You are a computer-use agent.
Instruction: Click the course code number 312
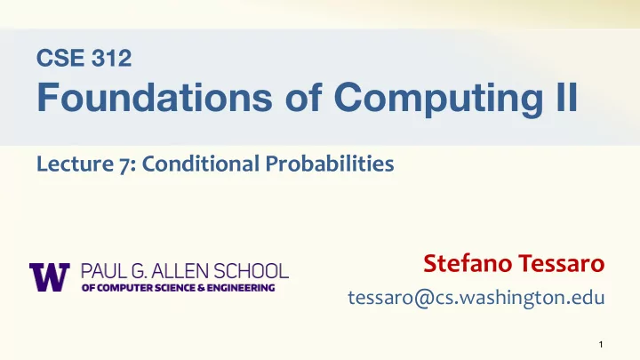[111, 58]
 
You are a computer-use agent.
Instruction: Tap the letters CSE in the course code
[60, 58]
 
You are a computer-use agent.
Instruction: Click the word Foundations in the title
[155, 97]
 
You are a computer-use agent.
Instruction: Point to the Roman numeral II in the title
[567, 96]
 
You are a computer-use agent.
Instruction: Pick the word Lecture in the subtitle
[75, 164]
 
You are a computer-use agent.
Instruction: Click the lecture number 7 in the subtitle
[125, 165]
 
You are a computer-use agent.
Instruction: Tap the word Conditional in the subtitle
[200, 164]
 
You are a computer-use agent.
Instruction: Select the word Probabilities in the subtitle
[330, 164]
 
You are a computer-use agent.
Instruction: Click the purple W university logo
[50, 277]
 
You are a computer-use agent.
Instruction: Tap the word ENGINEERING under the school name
[241, 288]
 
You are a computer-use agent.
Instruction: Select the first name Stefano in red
[468, 263]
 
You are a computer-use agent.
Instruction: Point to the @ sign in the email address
[424, 298]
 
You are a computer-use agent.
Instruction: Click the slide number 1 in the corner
[601, 345]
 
